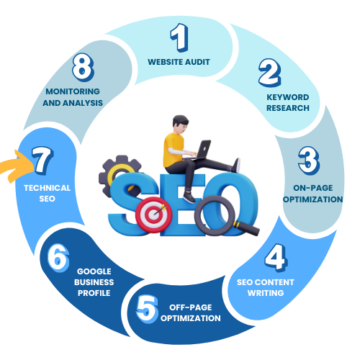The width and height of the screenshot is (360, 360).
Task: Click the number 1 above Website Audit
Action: tap(179, 37)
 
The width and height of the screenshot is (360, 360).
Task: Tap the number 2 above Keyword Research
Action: tap(270, 73)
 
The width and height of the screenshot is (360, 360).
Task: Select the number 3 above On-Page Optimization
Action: tap(309, 161)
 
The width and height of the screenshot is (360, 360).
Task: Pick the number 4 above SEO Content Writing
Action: tap(276, 258)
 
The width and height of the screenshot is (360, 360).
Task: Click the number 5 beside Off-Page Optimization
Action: tap(147, 309)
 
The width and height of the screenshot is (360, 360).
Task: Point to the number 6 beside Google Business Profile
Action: tap(58, 258)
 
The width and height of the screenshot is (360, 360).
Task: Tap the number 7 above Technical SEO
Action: tap(42, 161)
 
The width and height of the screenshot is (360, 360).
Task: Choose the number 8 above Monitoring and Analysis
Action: tap(83, 67)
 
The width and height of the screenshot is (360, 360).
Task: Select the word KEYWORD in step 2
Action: tap(288, 97)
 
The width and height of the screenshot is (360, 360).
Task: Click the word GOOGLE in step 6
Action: tap(94, 271)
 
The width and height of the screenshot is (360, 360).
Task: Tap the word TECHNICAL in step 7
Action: tap(47, 188)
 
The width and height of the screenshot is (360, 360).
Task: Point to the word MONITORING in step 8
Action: tap(73, 91)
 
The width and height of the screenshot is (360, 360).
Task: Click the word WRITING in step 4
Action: tap(266, 293)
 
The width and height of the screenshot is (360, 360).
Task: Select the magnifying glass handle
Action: tap(247, 228)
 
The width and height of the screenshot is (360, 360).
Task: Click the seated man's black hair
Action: tap(180, 120)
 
